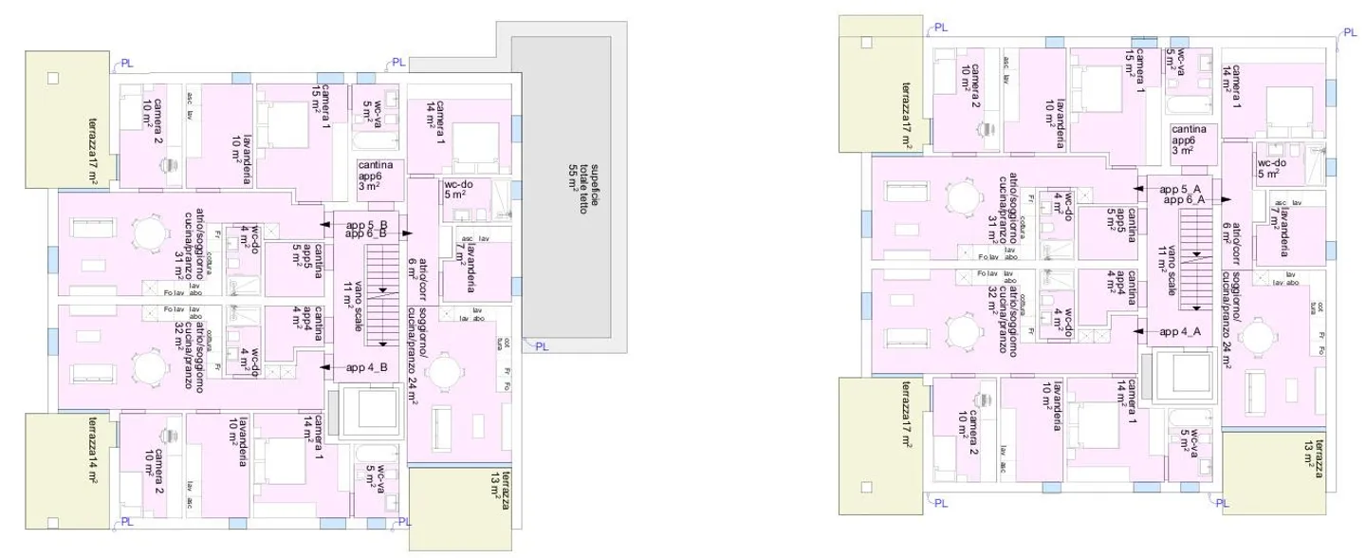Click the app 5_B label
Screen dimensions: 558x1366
click(x=365, y=223)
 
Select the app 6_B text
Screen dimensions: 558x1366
click(x=365, y=233)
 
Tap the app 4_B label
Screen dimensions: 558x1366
click(x=366, y=367)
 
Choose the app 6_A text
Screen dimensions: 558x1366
click(x=1182, y=199)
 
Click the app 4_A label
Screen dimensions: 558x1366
click(x=1181, y=332)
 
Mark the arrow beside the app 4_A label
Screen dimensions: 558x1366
click(x=1141, y=332)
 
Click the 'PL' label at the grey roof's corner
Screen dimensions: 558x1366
click(x=542, y=346)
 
